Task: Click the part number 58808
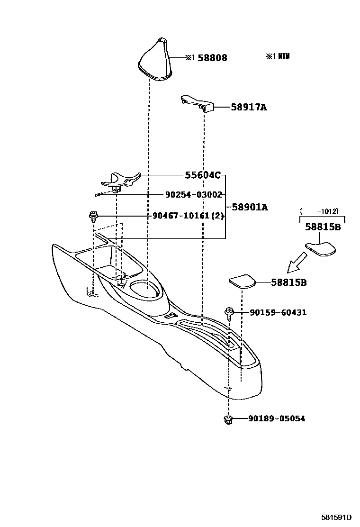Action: (x=212, y=58)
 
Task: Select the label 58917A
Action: (x=249, y=108)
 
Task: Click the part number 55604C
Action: (x=203, y=175)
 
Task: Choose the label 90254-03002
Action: (x=194, y=195)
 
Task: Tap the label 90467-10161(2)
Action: (x=188, y=216)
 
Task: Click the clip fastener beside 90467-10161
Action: (x=93, y=218)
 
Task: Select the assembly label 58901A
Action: (x=250, y=207)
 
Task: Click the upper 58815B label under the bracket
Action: (x=323, y=227)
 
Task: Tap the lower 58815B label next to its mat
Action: (x=289, y=282)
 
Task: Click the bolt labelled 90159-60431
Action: (x=230, y=313)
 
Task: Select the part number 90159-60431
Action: (x=278, y=313)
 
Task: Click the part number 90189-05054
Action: (x=277, y=419)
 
